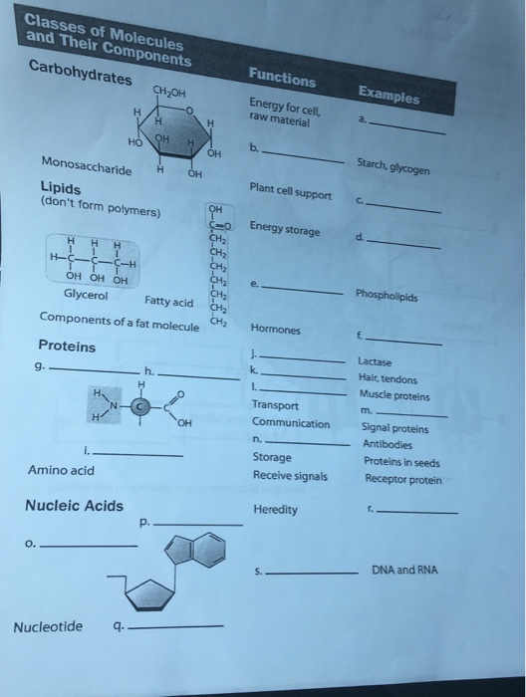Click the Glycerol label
pos(87,295)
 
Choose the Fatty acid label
pos(169,300)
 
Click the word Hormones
pos(275,329)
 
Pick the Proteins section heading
pos(67,346)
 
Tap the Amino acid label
pos(62,469)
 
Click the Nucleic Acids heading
pos(74,506)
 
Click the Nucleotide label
pos(48,626)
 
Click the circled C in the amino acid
pos(141,405)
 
